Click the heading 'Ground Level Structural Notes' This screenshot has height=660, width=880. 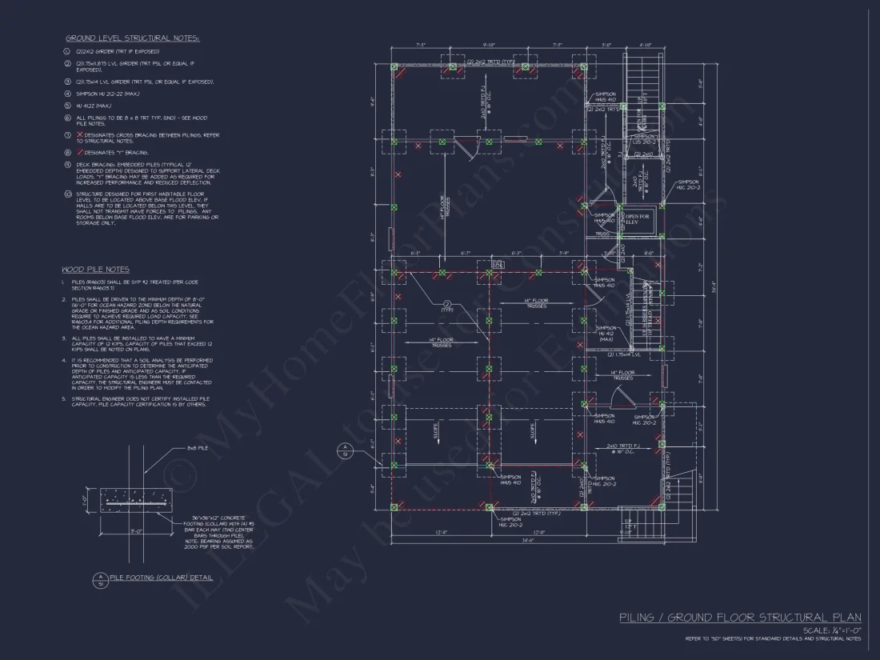click(x=133, y=38)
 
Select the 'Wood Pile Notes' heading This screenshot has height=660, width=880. click(x=95, y=270)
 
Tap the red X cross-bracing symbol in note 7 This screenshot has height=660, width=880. click(x=79, y=135)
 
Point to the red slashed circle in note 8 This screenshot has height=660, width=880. click(x=79, y=151)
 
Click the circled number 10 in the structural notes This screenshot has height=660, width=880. click(x=68, y=193)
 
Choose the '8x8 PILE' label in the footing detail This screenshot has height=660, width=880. click(x=198, y=448)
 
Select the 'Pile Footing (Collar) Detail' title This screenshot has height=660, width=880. click(x=161, y=577)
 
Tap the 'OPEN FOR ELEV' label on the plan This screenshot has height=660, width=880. click(x=638, y=219)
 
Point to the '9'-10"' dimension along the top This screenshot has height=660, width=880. click(x=489, y=46)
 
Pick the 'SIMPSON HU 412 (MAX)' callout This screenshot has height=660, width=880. click(x=606, y=333)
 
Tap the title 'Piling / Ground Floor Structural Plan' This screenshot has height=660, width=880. click(x=740, y=617)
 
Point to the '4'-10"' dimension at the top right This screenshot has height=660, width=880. click(x=645, y=46)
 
